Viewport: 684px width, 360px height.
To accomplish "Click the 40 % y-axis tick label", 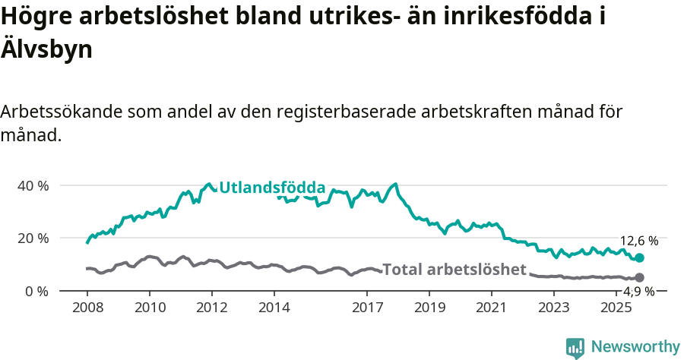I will coord(33,185).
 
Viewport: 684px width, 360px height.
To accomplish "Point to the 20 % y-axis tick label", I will coord(33,238).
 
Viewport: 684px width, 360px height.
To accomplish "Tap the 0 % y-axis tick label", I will coord(36,291).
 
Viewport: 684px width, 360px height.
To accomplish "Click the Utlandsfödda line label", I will coord(272,188).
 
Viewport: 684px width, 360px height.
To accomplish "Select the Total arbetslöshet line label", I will coord(454,269).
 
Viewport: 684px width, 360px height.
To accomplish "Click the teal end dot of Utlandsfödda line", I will coord(639,258).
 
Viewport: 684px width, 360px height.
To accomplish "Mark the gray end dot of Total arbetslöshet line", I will coord(639,278).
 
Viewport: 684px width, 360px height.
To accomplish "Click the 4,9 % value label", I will coord(639,291).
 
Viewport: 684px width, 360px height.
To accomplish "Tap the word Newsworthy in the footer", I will coord(635,347).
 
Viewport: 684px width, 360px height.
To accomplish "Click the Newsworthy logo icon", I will coord(575,348).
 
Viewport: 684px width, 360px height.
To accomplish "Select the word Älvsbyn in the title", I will coord(47,50).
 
